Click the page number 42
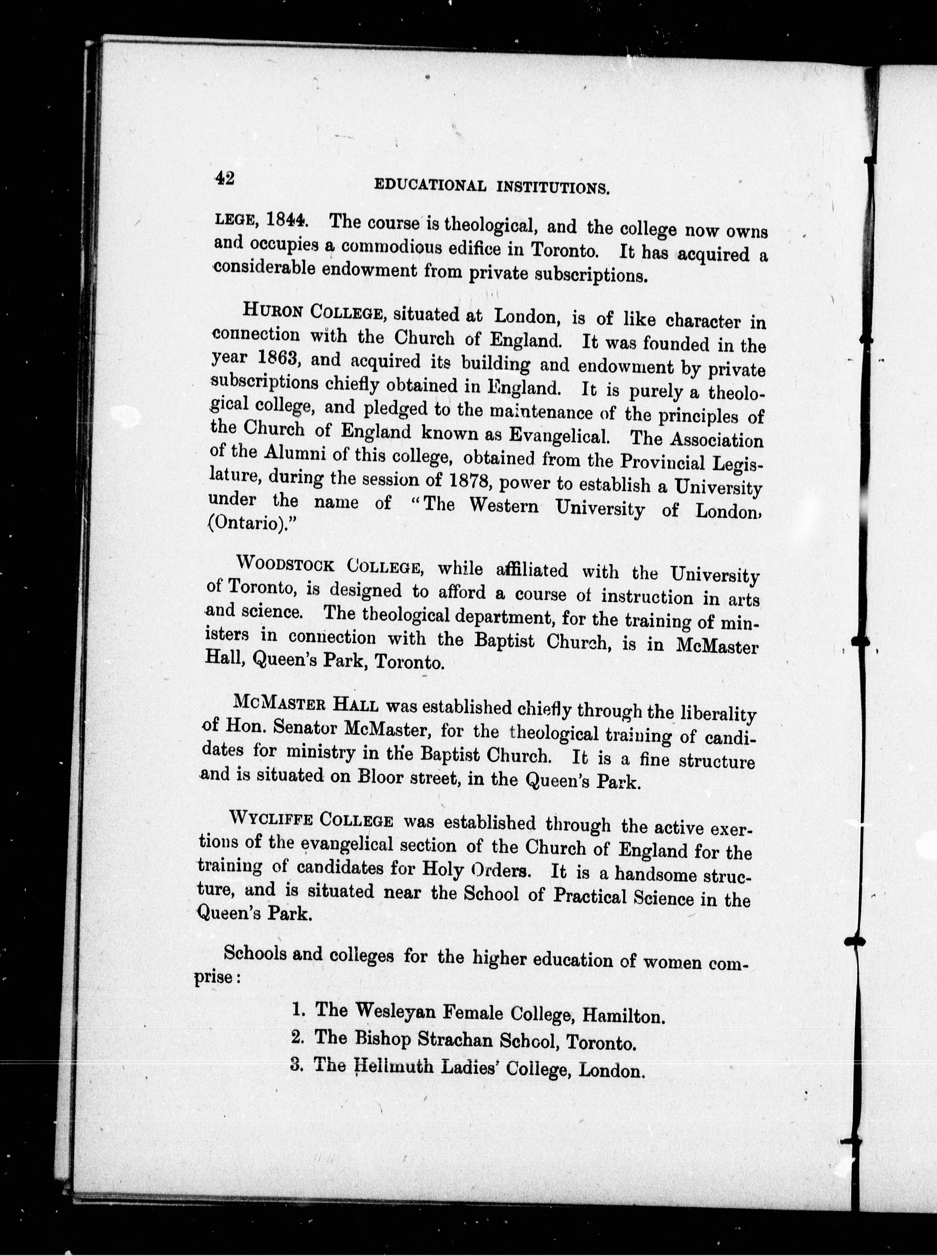tap(224, 178)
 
